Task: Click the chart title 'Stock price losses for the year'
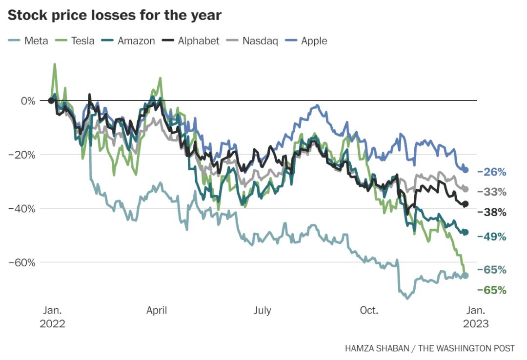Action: pos(115,15)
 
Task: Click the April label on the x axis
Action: pos(157,310)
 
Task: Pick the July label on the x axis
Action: pos(263,310)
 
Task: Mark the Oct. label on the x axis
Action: pos(369,310)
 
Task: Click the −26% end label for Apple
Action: pos(492,172)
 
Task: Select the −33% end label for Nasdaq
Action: pos(492,192)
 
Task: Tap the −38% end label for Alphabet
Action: pos(492,212)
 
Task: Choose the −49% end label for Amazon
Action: pos(492,237)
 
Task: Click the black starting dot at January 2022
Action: pos(51,100)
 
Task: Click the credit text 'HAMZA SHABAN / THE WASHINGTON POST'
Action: pos(429,348)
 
